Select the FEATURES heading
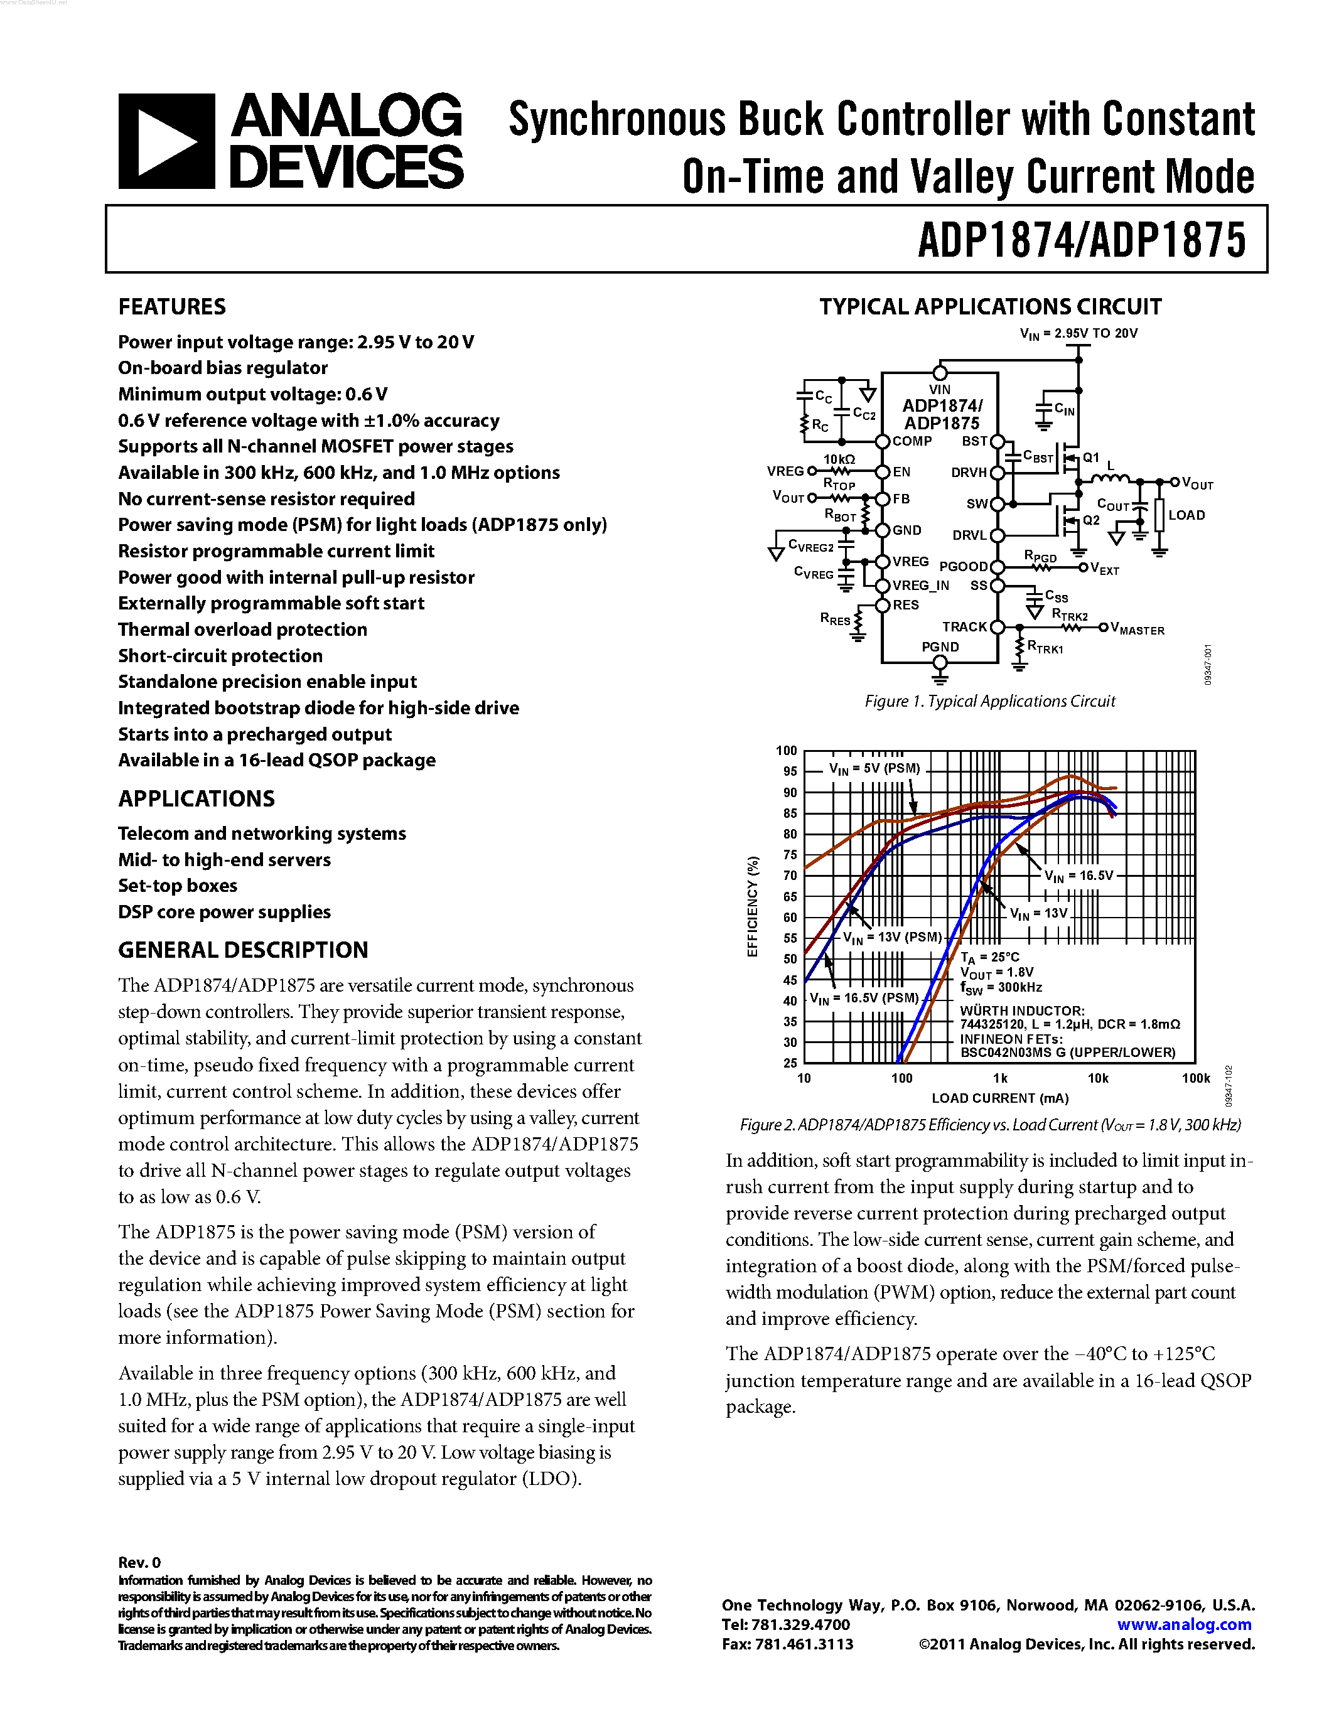point(171,307)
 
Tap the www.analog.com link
point(1184,1625)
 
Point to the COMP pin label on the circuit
point(912,441)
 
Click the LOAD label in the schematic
point(1186,515)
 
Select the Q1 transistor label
point(1090,458)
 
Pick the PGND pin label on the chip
point(940,646)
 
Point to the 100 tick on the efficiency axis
point(787,751)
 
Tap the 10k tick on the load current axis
point(1098,1078)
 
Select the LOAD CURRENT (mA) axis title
point(999,1098)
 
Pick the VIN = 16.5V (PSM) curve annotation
point(864,998)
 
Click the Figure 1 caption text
point(989,701)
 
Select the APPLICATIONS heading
point(196,799)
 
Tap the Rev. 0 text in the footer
point(139,1562)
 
